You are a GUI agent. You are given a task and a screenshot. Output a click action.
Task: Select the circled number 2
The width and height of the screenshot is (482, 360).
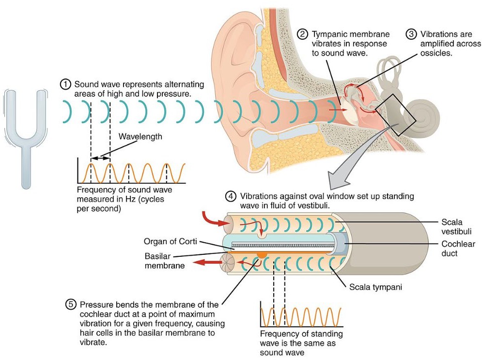click(303, 34)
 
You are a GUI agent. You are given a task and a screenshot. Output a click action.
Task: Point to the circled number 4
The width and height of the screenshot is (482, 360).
click(231, 197)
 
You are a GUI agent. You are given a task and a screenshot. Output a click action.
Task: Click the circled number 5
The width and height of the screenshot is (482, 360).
click(71, 305)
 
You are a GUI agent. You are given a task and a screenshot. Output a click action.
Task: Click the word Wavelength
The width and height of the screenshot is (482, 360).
click(140, 137)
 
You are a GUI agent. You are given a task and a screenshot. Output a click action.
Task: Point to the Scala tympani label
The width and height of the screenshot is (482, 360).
click(375, 287)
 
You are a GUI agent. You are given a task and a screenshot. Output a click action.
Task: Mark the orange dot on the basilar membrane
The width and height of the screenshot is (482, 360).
click(262, 253)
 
